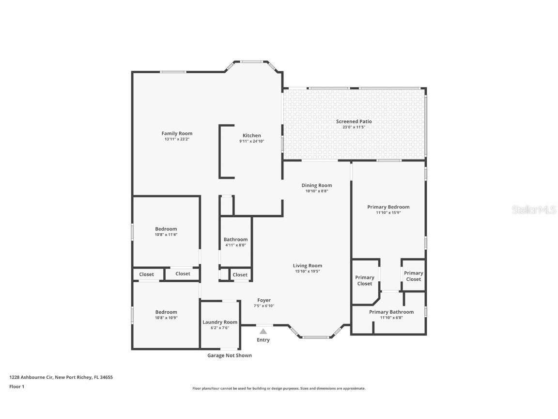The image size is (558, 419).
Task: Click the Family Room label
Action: point(177,133)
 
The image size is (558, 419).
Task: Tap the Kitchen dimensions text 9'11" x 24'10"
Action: point(252,141)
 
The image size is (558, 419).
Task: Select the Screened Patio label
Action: point(354,121)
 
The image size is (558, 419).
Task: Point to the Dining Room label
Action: point(317,185)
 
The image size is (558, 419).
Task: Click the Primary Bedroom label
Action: point(388,207)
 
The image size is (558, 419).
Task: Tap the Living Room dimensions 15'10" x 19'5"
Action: point(308,271)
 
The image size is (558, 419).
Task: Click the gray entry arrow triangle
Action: point(263,332)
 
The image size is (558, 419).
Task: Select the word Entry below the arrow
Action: point(263,340)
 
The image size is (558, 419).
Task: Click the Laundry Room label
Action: point(220,322)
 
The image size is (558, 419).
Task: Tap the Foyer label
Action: point(264,300)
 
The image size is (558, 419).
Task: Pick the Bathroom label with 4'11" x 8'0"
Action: point(235,239)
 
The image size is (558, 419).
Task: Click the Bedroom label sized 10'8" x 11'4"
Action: point(166,229)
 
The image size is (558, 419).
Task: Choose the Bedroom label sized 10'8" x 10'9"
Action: point(166,312)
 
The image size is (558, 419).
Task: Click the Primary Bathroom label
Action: point(391,312)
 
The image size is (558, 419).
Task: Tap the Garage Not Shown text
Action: point(230,355)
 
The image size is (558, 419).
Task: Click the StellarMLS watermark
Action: point(534,209)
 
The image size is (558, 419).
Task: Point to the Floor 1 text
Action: point(16,387)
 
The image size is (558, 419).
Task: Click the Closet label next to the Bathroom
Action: point(240,274)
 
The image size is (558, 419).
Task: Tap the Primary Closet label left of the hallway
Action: point(365,280)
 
